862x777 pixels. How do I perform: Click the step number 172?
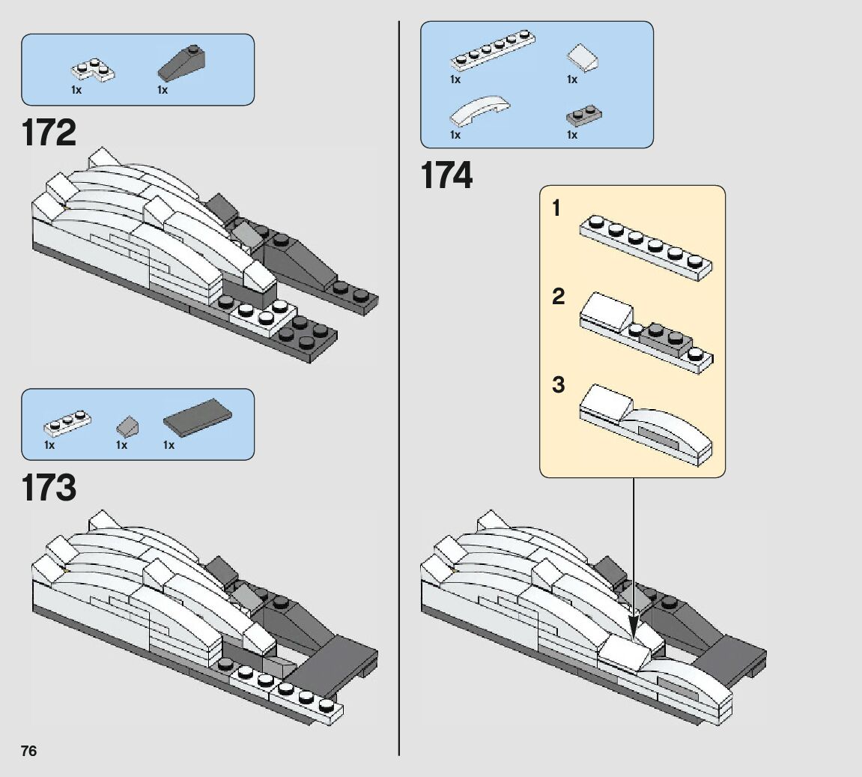pyautogui.click(x=49, y=133)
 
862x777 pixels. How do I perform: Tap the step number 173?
pyautogui.click(x=49, y=488)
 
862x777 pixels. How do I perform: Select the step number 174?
pyautogui.click(x=446, y=175)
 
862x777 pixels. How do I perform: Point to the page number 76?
pyautogui.click(x=28, y=751)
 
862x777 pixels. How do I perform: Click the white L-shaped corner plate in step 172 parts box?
pyautogui.click(x=93, y=70)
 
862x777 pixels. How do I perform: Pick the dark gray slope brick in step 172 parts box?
pyautogui.click(x=183, y=63)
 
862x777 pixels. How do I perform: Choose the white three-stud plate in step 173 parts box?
pyautogui.click(x=67, y=423)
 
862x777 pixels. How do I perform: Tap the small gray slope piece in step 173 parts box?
pyautogui.click(x=127, y=425)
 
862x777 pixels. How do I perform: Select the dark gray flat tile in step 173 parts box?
pyautogui.click(x=198, y=417)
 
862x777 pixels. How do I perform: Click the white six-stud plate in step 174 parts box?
pyautogui.click(x=493, y=51)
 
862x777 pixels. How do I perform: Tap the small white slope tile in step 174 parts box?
pyautogui.click(x=582, y=58)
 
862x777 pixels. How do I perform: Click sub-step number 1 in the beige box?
pyautogui.click(x=556, y=208)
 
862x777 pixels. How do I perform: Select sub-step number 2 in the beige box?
pyautogui.click(x=558, y=297)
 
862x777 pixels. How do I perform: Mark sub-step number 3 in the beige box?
pyautogui.click(x=558, y=384)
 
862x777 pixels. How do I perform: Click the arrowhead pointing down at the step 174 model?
pyautogui.click(x=634, y=629)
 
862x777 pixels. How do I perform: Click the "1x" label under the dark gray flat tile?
pyautogui.click(x=169, y=445)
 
